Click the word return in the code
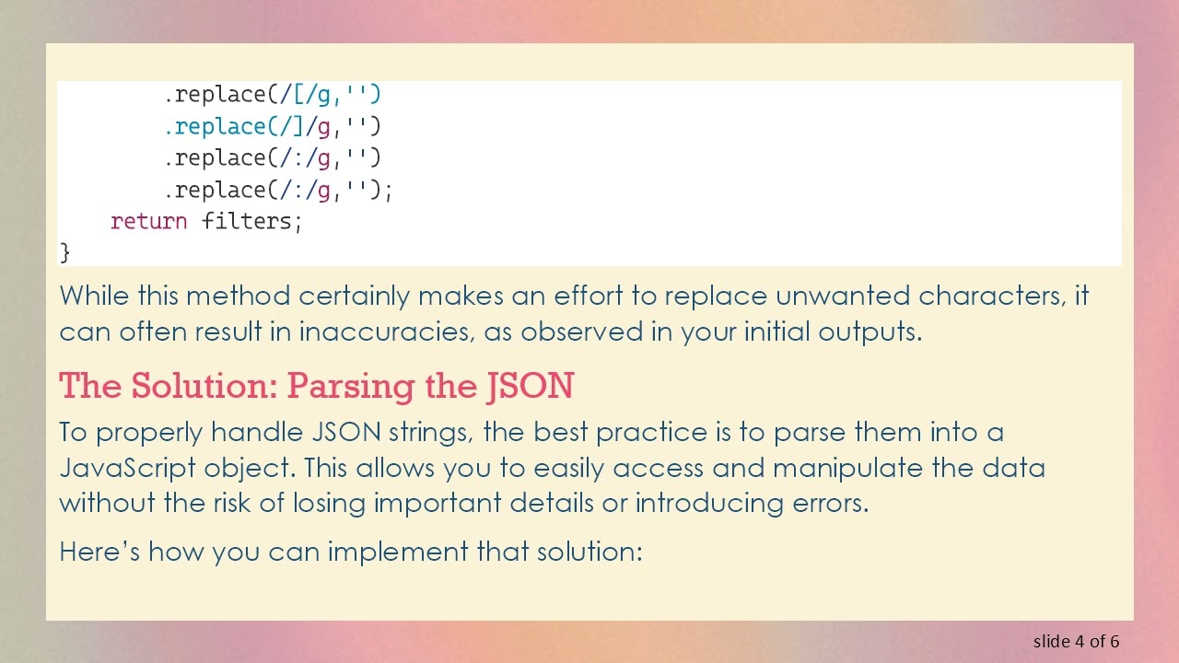148,221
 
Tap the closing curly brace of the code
64,251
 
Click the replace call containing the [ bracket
273,94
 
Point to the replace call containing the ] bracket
273,125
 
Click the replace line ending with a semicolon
279,190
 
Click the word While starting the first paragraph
95,296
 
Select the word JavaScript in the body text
127,468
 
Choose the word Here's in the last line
99,552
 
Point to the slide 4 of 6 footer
1076,641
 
